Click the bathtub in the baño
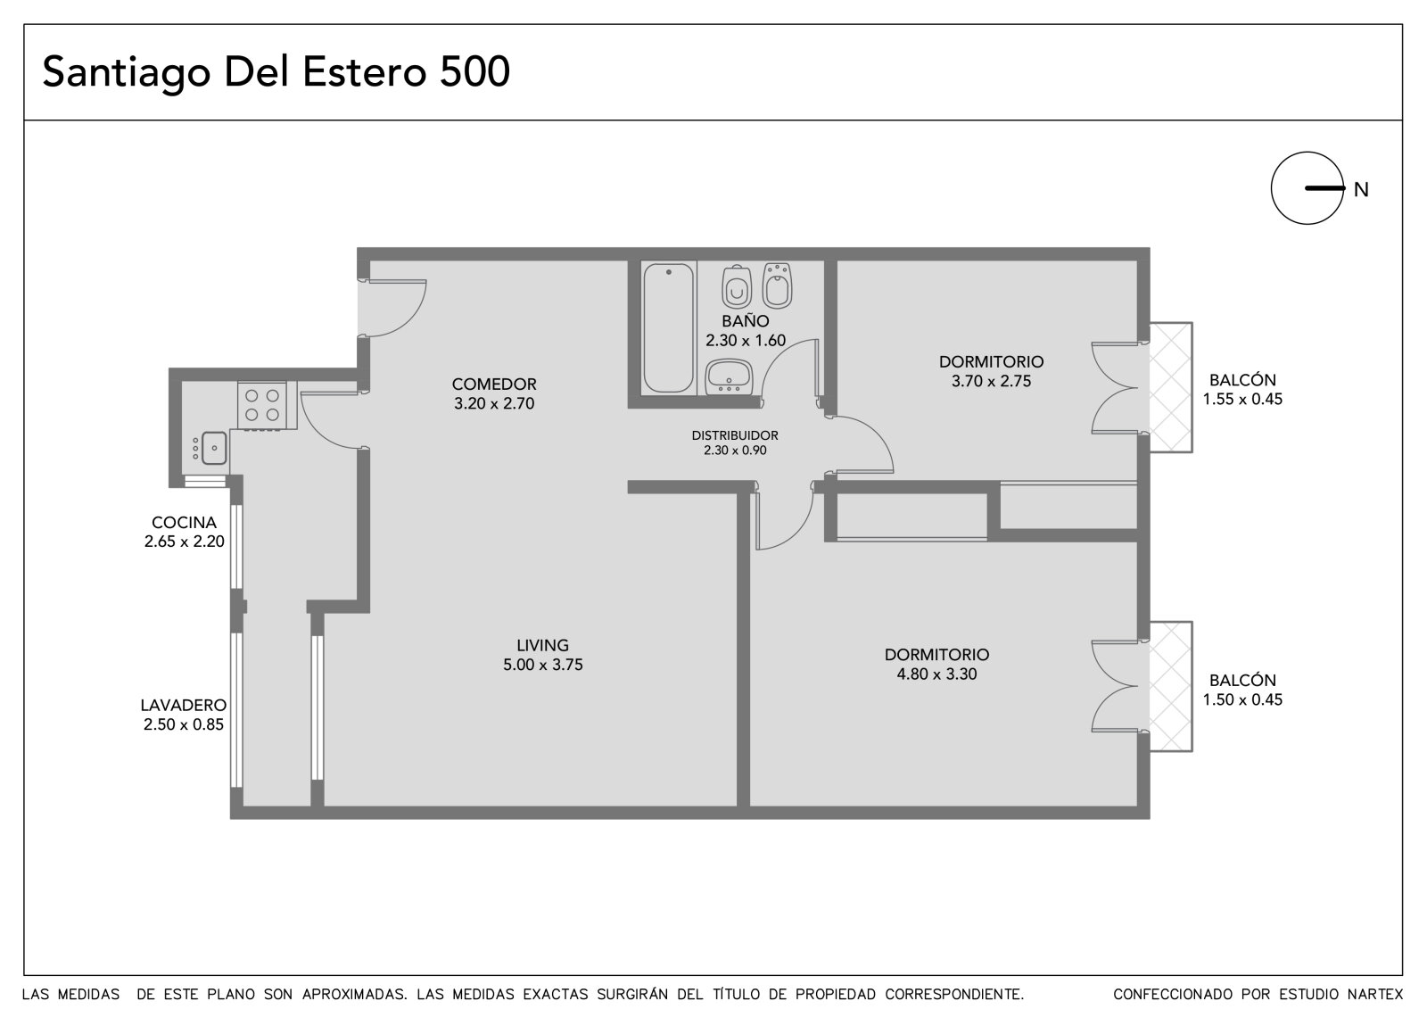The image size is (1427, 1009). (668, 327)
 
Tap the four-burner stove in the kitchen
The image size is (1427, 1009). (262, 405)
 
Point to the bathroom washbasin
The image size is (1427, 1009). (730, 377)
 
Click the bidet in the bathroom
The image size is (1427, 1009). (777, 285)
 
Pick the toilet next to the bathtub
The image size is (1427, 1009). (737, 287)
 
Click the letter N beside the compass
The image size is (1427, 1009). (1361, 190)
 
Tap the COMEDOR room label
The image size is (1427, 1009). (494, 385)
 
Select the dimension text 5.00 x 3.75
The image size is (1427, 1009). (543, 665)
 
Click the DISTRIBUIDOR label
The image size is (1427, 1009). (735, 435)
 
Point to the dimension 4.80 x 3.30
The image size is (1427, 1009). (936, 674)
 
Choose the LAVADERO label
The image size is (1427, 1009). (184, 705)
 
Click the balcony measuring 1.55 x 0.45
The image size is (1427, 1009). (1170, 387)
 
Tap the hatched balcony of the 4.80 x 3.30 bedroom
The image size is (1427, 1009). (1170, 686)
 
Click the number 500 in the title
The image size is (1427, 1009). (474, 71)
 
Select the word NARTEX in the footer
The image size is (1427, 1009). (1375, 995)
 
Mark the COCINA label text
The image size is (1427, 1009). (184, 523)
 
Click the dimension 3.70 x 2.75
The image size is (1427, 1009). (991, 381)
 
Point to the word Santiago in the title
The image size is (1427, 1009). (127, 73)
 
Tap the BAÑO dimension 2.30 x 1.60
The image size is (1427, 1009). (746, 341)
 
